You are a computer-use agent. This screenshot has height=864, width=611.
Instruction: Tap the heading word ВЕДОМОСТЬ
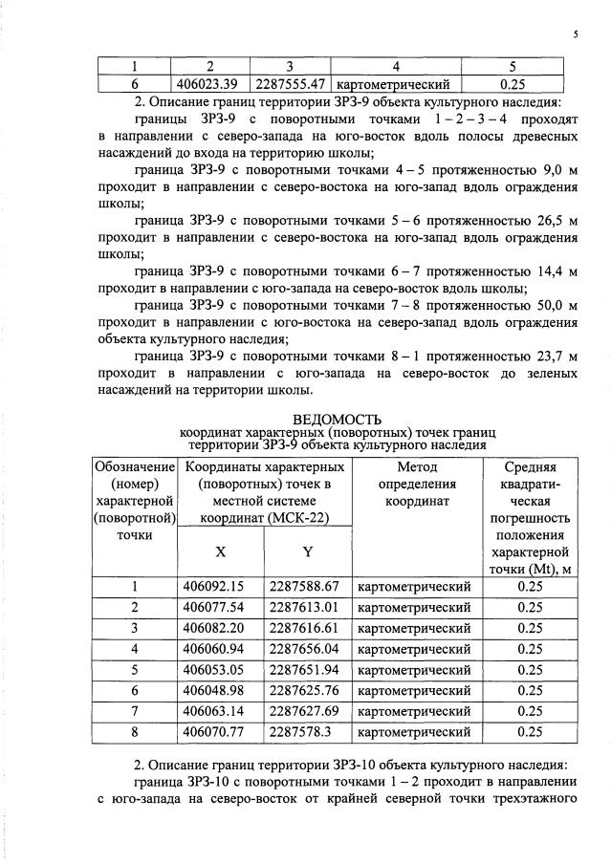coord(337,419)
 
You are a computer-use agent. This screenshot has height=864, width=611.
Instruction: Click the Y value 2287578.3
coord(300,733)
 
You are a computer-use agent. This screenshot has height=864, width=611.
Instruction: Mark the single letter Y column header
coord(308,551)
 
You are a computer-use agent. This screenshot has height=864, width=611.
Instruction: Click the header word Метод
coord(415,467)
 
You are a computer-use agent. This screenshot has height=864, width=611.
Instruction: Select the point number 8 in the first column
coord(135,733)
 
